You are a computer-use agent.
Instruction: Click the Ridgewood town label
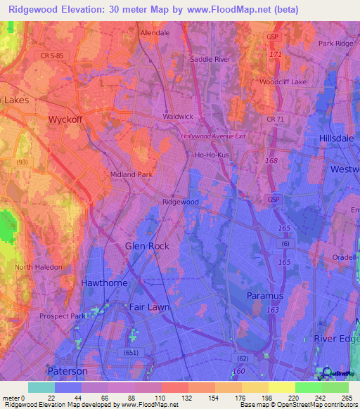181,202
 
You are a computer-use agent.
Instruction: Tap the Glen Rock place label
147,245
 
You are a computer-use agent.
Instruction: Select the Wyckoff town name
65,119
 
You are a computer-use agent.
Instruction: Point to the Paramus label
265,296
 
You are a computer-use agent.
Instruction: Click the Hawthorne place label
104,283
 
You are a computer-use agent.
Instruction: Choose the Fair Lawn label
149,307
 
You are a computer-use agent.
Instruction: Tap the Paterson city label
67,370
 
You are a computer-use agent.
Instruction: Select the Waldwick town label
178,117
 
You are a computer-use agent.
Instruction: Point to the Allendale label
155,33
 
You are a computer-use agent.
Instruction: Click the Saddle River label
211,60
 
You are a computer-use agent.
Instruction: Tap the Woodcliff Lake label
283,82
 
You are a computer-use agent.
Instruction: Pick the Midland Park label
131,174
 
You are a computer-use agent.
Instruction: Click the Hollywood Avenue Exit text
213,136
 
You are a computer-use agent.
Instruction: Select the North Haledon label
39,267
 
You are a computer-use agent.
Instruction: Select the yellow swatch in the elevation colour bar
281,387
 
